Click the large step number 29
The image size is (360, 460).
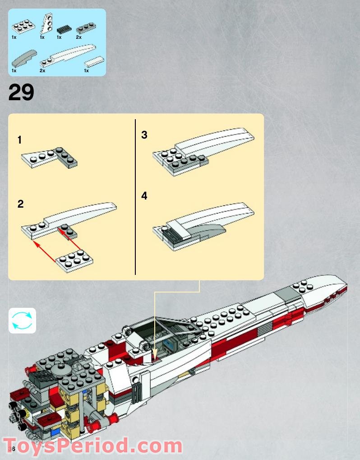click(21, 93)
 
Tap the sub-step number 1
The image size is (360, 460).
click(19, 140)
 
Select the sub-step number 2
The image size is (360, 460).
click(20, 204)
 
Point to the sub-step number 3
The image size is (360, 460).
click(144, 135)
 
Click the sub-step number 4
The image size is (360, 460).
click(144, 196)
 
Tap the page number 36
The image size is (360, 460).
click(11, 449)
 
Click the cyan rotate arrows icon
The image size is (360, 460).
click(22, 321)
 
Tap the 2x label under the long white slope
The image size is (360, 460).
click(42, 70)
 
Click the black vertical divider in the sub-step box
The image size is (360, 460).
click(135, 197)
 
